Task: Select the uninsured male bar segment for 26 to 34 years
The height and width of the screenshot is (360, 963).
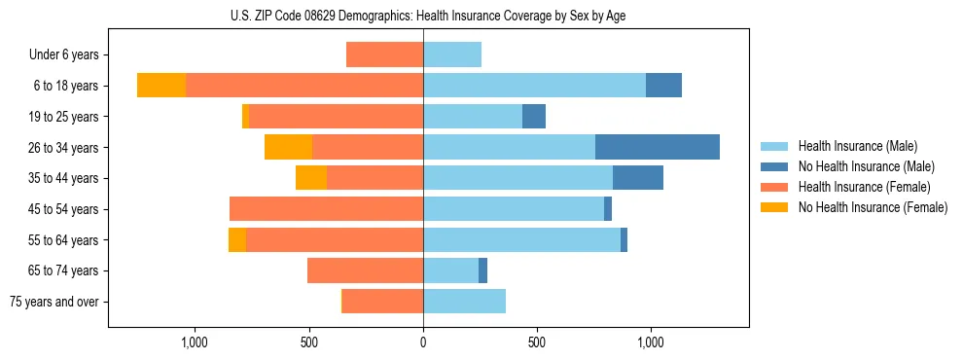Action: tap(657, 147)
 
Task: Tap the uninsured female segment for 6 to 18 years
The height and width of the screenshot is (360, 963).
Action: tap(161, 86)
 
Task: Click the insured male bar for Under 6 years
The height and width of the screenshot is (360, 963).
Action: tap(452, 54)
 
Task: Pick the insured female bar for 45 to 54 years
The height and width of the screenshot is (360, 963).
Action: tap(326, 209)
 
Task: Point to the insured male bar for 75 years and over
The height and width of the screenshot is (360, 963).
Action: tap(464, 302)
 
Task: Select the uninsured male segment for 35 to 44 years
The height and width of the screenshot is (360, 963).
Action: tap(638, 178)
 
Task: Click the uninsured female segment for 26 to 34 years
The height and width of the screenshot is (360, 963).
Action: tap(288, 147)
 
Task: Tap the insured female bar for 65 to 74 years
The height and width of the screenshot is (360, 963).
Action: tap(365, 270)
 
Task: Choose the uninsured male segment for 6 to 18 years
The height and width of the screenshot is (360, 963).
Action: tap(663, 86)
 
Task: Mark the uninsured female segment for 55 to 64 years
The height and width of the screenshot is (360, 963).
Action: tap(237, 240)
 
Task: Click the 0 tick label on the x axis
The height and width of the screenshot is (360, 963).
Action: tap(423, 342)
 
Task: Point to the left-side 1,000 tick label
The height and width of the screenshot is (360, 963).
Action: tap(195, 342)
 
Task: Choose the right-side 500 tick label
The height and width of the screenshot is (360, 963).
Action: tap(537, 342)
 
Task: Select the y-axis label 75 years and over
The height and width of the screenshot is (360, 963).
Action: tap(54, 302)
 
